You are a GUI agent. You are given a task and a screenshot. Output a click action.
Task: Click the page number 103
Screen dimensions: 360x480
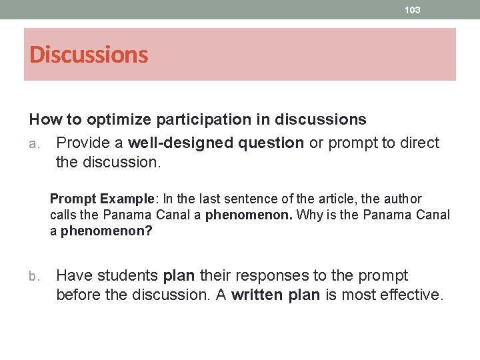[x=413, y=10]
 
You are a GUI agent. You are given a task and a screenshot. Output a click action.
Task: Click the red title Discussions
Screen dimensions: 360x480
[x=89, y=55]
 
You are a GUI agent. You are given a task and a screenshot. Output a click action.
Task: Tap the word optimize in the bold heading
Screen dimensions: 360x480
[x=117, y=119]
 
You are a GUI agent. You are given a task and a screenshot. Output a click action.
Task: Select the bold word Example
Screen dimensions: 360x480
[x=124, y=199]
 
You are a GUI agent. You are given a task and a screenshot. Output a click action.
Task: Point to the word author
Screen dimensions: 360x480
[x=403, y=199]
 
